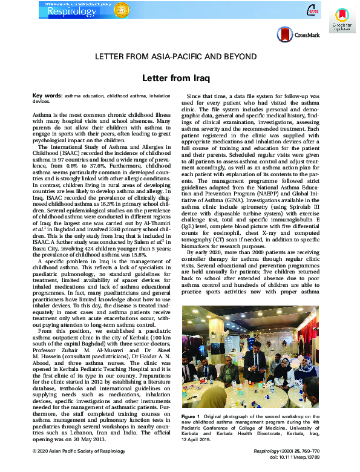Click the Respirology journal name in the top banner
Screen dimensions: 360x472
[57, 11]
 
